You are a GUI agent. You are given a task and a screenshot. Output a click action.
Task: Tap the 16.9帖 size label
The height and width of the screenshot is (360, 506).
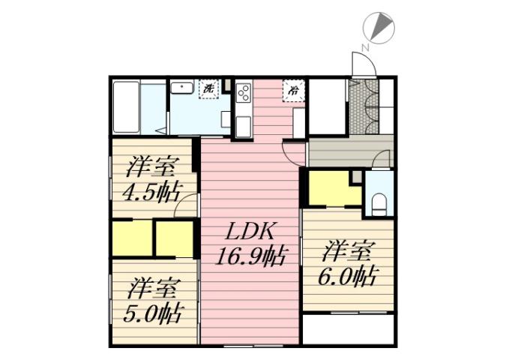[x=250, y=256]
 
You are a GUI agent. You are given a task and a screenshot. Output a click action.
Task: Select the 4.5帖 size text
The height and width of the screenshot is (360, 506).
[x=152, y=190]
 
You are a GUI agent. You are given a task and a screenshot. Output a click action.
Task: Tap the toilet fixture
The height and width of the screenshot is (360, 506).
[x=379, y=201]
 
